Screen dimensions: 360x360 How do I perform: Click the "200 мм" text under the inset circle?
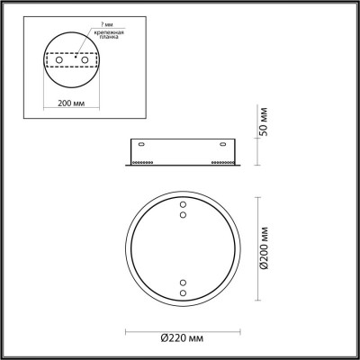(73, 103)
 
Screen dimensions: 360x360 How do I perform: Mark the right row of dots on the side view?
(224, 163)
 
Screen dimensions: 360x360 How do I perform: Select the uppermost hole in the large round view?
(183, 204)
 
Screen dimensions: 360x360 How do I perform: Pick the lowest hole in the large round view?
(183, 293)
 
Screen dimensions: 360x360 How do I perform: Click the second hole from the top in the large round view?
(183, 214)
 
